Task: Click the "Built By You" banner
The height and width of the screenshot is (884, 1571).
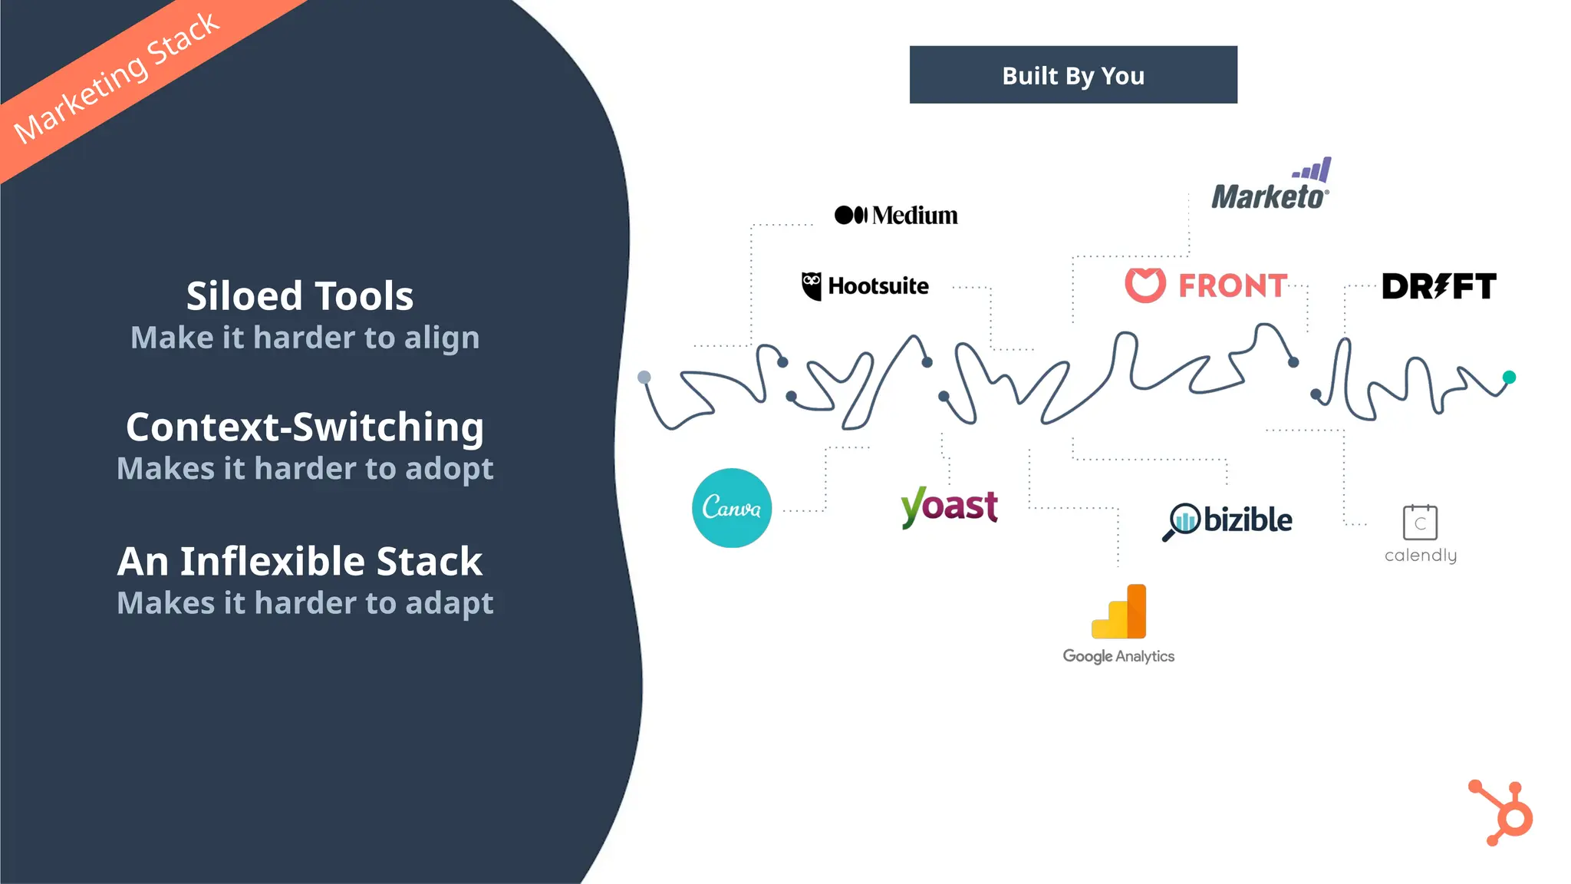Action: [x=1073, y=75]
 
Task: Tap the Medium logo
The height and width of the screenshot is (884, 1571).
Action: [x=896, y=215]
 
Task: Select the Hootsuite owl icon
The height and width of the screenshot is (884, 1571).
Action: [x=812, y=285]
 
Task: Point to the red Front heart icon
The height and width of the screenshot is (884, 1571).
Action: [x=1145, y=285]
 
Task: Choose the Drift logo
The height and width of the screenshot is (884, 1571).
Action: [x=1439, y=286]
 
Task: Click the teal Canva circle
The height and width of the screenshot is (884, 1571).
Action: [x=732, y=508]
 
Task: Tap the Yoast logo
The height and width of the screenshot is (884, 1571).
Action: [x=950, y=506]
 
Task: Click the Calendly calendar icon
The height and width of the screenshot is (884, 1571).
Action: [x=1420, y=523]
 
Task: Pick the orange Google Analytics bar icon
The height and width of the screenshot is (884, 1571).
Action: [x=1119, y=612]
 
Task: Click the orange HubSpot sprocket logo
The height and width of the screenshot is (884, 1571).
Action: [x=1503, y=813]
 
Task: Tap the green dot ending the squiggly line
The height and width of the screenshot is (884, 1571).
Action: [x=1509, y=377]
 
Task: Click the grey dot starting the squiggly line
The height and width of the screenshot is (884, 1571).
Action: [x=644, y=377]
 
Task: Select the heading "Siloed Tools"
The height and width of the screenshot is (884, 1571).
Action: [x=300, y=296]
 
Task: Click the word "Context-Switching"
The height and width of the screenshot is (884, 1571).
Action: [x=305, y=427]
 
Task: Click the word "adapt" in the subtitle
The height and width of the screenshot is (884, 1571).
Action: [x=450, y=604]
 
